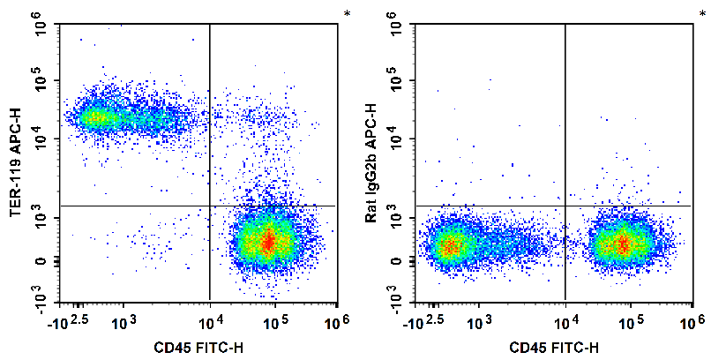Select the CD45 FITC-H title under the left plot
click(x=199, y=346)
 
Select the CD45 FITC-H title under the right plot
click(x=554, y=346)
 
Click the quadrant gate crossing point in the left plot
click(x=210, y=206)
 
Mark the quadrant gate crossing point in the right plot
click(x=565, y=206)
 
